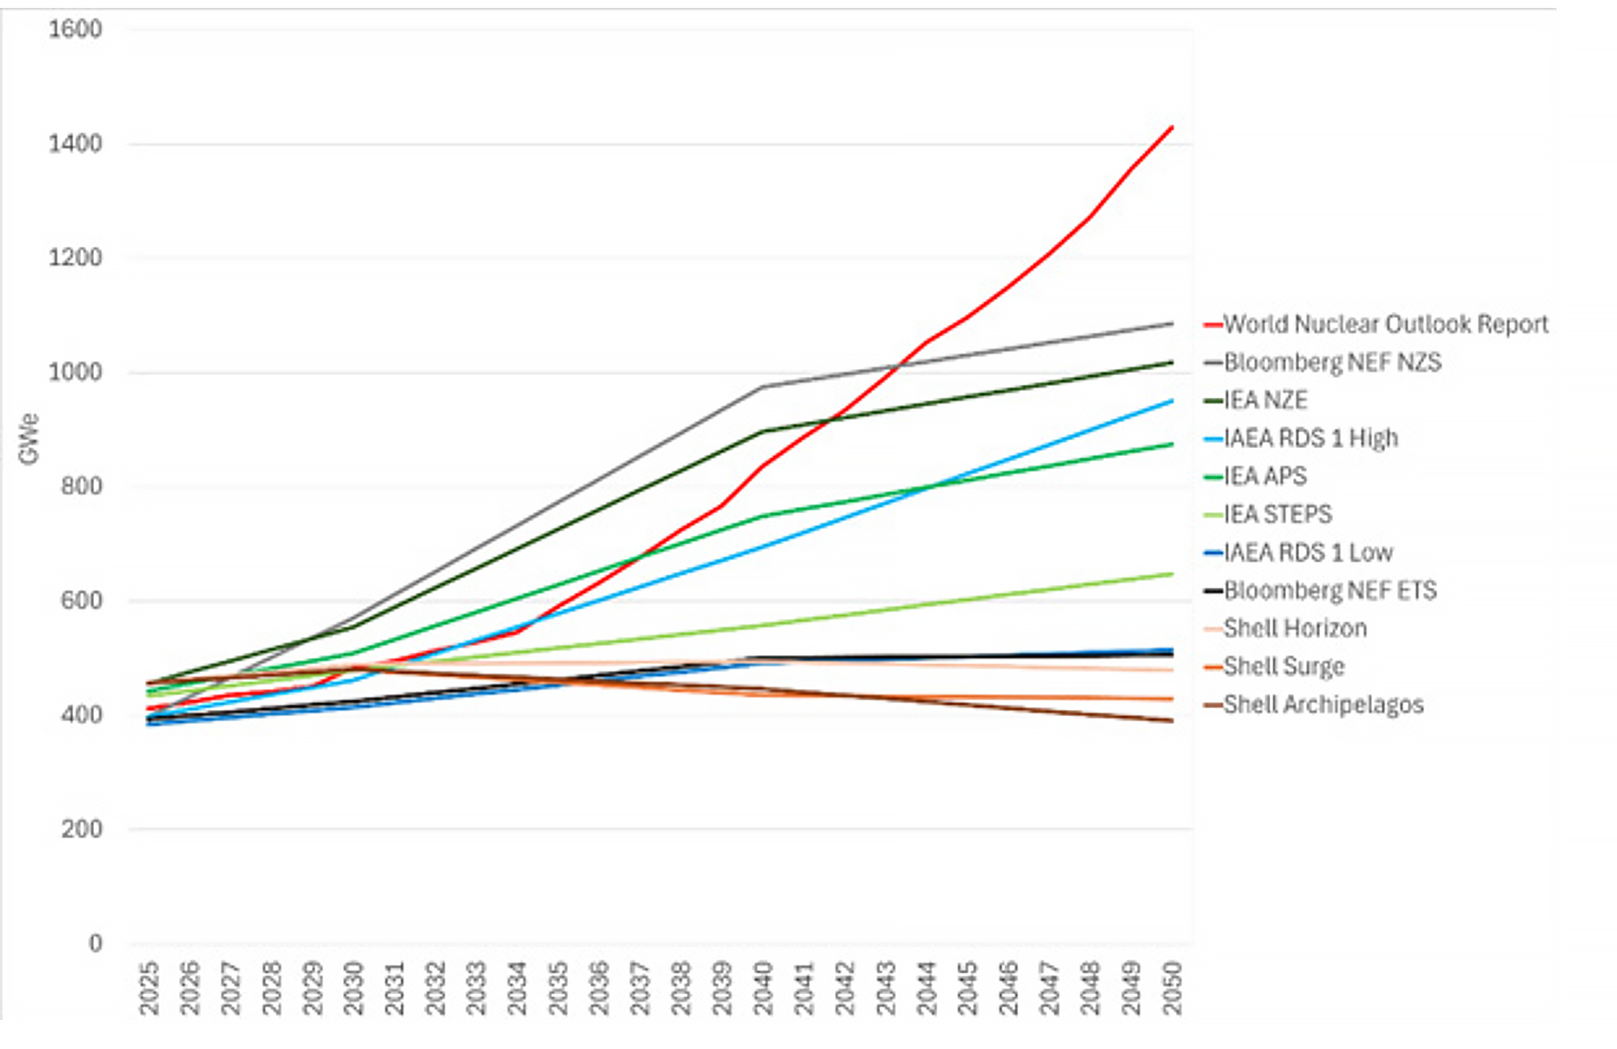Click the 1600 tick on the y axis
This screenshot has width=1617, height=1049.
click(75, 30)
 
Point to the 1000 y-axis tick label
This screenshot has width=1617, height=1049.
click(75, 373)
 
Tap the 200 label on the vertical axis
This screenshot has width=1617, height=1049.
click(81, 829)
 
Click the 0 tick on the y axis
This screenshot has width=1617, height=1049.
click(95, 944)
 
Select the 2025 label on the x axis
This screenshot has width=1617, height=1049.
click(149, 988)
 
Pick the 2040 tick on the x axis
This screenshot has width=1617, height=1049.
click(762, 988)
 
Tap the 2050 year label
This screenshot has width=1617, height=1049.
click(1172, 988)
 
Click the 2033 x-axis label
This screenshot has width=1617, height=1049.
click(476, 988)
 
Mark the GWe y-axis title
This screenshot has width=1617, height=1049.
click(29, 439)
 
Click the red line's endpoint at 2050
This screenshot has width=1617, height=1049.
click(1173, 127)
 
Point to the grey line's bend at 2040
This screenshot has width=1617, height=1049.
click(762, 387)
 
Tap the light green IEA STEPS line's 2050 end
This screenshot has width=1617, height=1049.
click(1173, 575)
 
